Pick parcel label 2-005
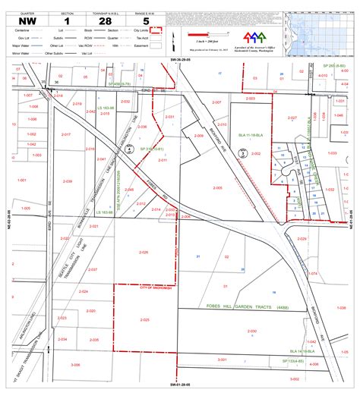coord(218,187)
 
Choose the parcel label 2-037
coord(93,270)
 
